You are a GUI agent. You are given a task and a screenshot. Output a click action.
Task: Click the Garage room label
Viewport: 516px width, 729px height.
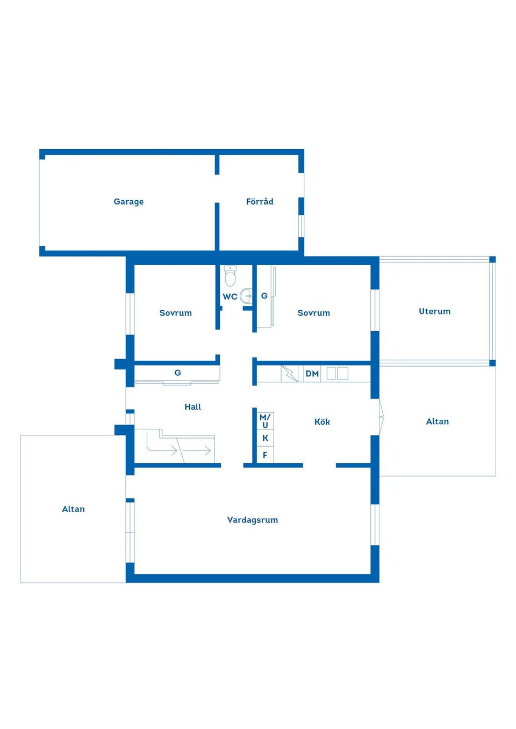click(128, 202)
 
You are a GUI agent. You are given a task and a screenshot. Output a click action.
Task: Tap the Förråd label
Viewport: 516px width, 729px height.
click(260, 201)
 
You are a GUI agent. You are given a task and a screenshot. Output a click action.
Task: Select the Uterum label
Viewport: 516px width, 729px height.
click(434, 311)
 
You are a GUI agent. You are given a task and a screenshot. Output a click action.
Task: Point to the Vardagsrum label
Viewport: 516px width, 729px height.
click(253, 520)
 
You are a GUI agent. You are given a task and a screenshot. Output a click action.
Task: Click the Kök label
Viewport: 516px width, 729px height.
click(322, 422)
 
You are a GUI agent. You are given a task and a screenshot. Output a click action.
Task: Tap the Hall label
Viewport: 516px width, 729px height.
click(192, 407)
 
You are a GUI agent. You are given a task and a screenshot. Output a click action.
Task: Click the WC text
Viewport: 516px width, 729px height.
click(230, 297)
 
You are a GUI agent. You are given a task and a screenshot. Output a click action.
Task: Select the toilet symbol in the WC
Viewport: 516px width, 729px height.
click(230, 276)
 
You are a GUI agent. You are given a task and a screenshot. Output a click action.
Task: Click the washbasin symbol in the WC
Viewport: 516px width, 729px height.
click(246, 296)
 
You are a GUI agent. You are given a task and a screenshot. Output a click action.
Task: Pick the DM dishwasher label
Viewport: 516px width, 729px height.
click(312, 374)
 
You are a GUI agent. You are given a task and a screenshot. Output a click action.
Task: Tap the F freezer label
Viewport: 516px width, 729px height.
click(265, 455)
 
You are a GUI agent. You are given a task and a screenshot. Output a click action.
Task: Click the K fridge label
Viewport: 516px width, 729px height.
click(265, 438)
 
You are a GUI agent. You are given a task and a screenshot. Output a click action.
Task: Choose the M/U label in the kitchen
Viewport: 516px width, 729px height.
click(265, 421)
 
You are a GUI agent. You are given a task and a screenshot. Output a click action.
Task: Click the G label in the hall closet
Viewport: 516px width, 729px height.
click(177, 373)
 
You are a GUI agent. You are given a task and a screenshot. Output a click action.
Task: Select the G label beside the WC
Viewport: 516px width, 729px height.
click(264, 296)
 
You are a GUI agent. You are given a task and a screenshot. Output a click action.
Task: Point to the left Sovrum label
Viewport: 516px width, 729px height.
click(176, 313)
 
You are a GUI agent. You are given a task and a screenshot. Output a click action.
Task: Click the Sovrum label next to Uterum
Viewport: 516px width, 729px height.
click(314, 313)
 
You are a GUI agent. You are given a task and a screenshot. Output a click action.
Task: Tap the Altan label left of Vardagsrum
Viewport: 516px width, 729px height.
click(73, 509)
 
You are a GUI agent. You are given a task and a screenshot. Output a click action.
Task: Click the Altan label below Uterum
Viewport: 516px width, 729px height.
click(438, 421)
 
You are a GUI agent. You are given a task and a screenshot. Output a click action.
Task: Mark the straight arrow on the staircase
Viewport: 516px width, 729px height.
click(197, 451)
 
